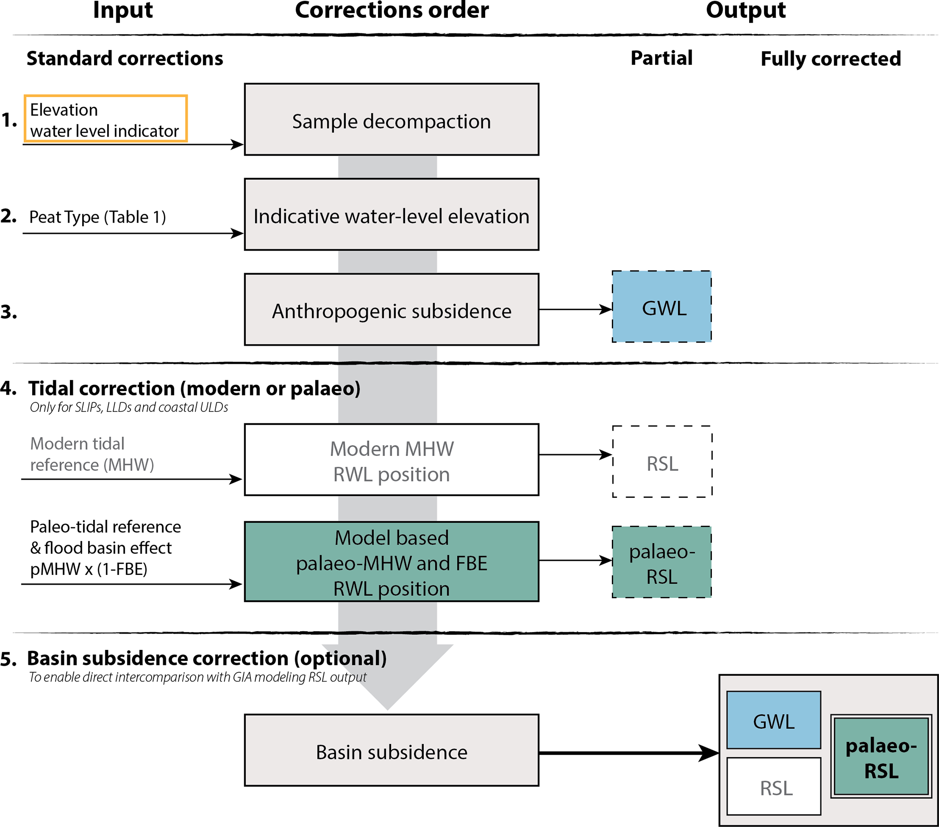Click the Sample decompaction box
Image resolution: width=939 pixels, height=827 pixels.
(x=392, y=119)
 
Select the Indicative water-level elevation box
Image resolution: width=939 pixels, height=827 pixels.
(x=392, y=214)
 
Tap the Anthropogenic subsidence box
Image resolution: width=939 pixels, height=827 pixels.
(x=392, y=309)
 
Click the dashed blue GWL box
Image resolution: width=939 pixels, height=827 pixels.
(x=661, y=307)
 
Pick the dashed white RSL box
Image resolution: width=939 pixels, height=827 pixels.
(x=662, y=461)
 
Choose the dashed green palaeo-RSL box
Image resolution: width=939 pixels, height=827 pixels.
(x=661, y=562)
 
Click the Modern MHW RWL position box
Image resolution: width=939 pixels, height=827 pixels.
(x=392, y=460)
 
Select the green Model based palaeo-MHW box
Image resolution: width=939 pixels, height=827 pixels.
(x=392, y=562)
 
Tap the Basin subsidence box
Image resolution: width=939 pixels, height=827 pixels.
(x=392, y=750)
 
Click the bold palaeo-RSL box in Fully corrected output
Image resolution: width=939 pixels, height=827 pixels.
(x=881, y=757)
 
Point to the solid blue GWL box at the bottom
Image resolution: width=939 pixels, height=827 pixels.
(x=774, y=720)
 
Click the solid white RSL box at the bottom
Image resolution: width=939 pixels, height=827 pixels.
(x=774, y=787)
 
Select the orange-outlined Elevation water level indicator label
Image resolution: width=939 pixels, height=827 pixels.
(x=105, y=119)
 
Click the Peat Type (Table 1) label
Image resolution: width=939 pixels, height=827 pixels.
(x=97, y=217)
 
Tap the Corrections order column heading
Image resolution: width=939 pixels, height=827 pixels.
(x=392, y=10)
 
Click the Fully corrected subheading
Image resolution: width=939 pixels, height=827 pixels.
(x=830, y=59)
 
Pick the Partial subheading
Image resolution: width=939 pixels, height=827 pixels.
(x=661, y=58)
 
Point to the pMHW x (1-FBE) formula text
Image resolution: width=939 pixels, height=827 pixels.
(x=89, y=569)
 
